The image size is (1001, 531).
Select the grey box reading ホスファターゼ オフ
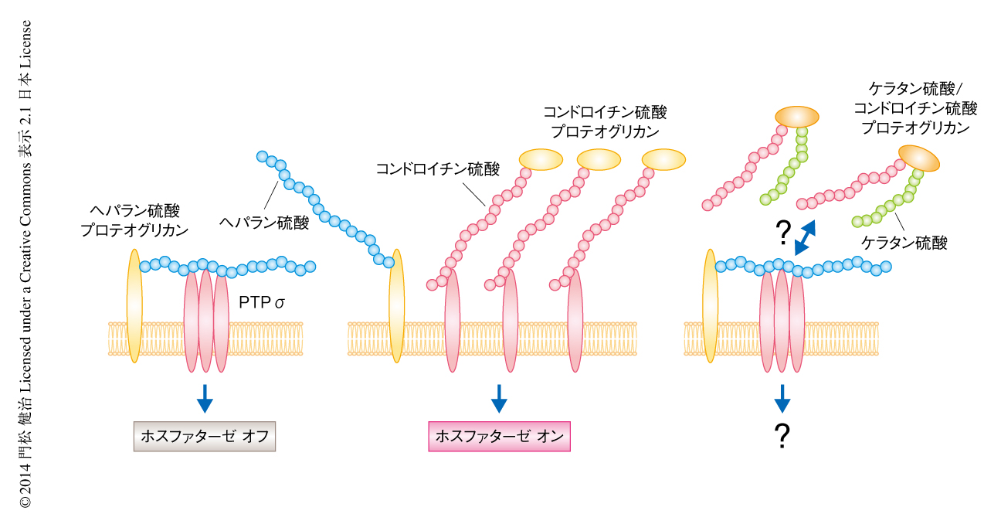point(204,437)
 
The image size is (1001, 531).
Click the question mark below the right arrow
point(782,437)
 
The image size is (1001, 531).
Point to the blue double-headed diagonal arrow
point(806,237)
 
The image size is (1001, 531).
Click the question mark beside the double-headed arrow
point(782,230)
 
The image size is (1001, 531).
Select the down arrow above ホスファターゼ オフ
point(205,397)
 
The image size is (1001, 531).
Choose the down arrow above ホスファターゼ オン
point(499,397)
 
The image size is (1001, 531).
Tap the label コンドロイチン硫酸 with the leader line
point(437,168)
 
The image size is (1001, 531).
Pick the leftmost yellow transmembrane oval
point(134,305)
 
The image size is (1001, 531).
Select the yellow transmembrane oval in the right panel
point(710,305)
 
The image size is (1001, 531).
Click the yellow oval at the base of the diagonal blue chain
point(397,305)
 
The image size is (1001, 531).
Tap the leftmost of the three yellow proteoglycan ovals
point(541,158)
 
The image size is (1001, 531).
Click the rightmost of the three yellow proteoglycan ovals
point(663,158)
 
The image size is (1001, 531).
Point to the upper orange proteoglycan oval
point(797,117)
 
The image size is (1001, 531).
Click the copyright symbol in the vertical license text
point(25,502)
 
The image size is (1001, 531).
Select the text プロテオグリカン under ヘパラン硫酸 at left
point(134,230)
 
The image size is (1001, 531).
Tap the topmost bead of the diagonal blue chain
point(262,157)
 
